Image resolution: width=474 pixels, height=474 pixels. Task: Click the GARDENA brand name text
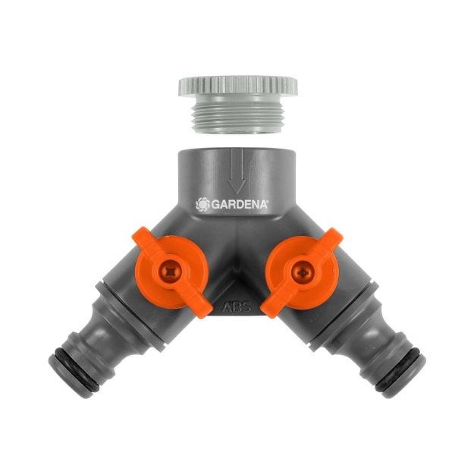[240, 205]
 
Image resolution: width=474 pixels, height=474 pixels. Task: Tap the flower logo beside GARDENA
[202, 204]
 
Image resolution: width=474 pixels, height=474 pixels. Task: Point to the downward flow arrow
[237, 171]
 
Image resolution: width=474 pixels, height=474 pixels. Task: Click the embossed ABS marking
[237, 307]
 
